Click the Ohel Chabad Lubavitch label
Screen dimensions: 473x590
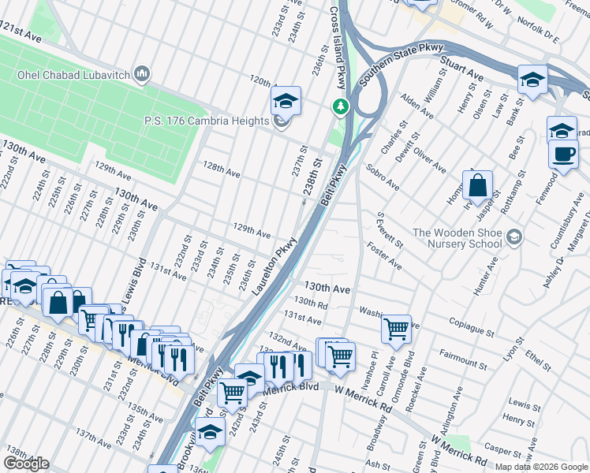pos(73,76)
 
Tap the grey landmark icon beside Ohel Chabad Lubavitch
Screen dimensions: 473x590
pos(143,75)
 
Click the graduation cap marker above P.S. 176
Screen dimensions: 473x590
pos(286,100)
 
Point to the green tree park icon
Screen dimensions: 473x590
pos(341,106)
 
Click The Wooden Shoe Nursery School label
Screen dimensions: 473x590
pos(457,237)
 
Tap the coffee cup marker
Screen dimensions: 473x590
pos(562,154)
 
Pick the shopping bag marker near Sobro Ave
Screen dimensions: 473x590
pos(477,187)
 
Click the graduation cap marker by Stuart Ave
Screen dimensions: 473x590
pos(533,80)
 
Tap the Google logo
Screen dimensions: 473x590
pos(26,464)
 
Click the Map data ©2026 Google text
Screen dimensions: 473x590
pos(541,467)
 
